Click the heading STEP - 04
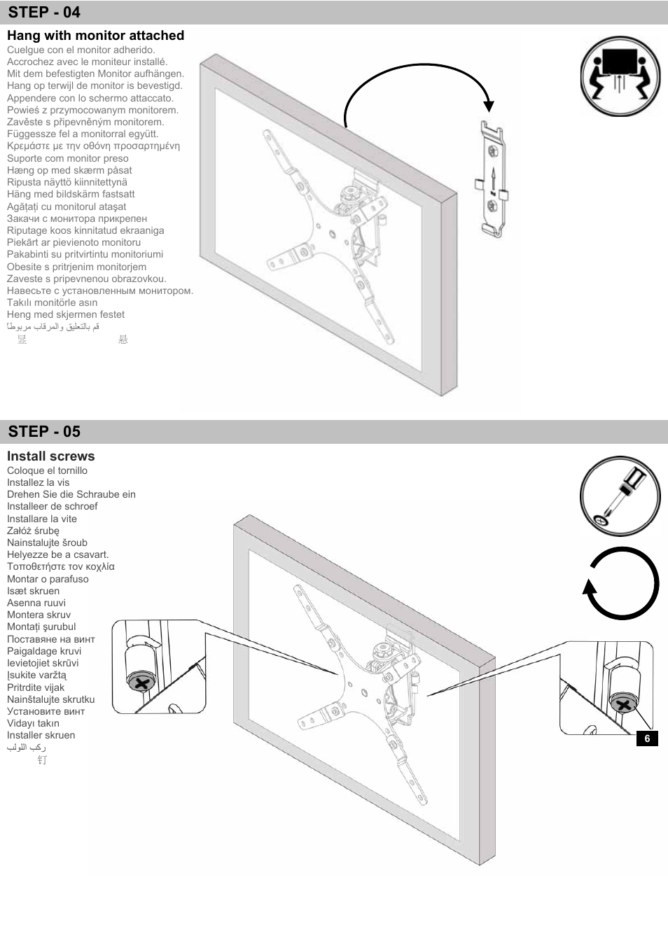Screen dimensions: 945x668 pyautogui.click(x=44, y=13)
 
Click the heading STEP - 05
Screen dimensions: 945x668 pyautogui.click(x=44, y=431)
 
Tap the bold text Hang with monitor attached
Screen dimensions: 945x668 pyautogui.click(x=95, y=36)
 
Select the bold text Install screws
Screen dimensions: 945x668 pyautogui.click(x=50, y=456)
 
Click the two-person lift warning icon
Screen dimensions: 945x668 pyautogui.click(x=620, y=76)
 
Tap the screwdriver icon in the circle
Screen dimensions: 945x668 pyautogui.click(x=620, y=496)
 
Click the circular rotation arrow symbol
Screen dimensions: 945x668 pyautogui.click(x=620, y=584)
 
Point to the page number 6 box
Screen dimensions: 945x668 pyautogui.click(x=647, y=738)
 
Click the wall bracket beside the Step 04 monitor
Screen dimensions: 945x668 pyautogui.click(x=494, y=179)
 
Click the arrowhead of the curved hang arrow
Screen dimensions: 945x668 pyautogui.click(x=489, y=106)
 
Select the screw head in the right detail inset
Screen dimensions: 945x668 pyautogui.click(x=622, y=703)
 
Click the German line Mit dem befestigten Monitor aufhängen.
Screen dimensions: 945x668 pyautogui.click(x=95, y=73)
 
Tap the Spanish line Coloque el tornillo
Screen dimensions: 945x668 pyautogui.click(x=47, y=470)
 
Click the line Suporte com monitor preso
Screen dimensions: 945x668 pyautogui.click(x=68, y=158)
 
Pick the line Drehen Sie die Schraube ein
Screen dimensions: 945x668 pyautogui.click(x=71, y=494)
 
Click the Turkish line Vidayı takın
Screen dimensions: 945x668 pyautogui.click(x=33, y=723)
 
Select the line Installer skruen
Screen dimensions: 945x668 pyautogui.click(x=41, y=735)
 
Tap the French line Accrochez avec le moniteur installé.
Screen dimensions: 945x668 pyautogui.click(x=87, y=62)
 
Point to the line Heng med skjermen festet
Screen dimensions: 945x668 pyautogui.click(x=66, y=314)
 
